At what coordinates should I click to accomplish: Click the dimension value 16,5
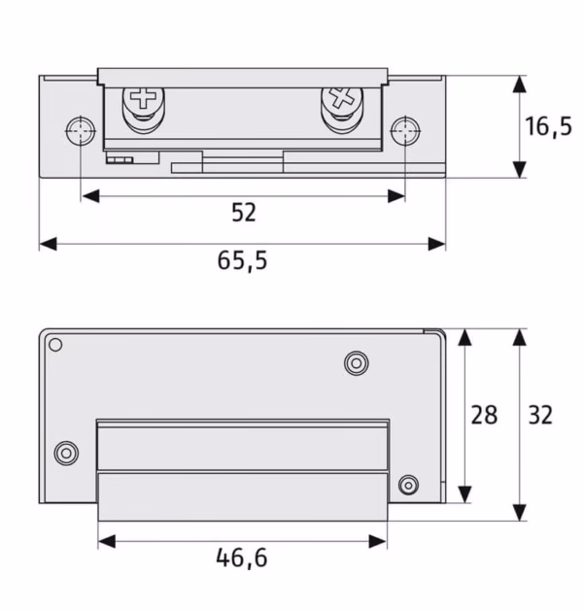pos(548,126)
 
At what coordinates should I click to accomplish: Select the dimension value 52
pos(244,213)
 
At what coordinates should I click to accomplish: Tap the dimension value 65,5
pos(243,260)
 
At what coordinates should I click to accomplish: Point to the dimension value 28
pos(484,415)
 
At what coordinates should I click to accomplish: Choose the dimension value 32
pos(540,415)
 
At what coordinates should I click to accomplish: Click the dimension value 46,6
pos(242,558)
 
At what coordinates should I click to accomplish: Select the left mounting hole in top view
pos(81,131)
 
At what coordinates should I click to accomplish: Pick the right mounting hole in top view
pos(405,131)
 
